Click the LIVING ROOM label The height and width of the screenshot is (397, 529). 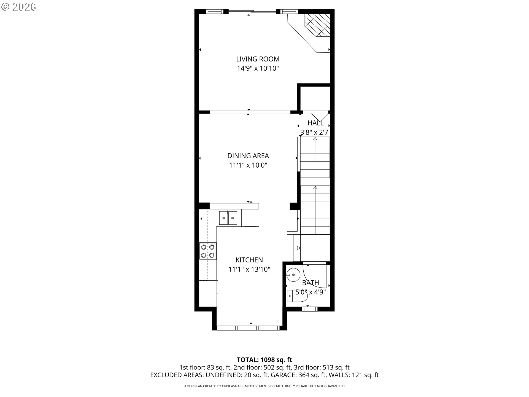(x=258, y=59)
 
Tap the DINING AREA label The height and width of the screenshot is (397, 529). (x=248, y=156)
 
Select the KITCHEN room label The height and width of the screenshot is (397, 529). (x=249, y=260)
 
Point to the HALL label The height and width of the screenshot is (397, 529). (x=315, y=123)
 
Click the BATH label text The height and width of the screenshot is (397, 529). (x=311, y=283)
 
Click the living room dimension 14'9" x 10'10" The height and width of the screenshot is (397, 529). (x=258, y=68)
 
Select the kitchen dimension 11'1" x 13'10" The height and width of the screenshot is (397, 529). (x=249, y=269)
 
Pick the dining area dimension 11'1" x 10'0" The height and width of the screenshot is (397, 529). (x=248, y=165)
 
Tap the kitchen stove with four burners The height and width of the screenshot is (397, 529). (x=208, y=251)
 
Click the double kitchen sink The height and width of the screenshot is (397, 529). (x=228, y=218)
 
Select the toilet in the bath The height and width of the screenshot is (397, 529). (x=297, y=296)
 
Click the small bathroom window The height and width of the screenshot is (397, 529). (x=310, y=309)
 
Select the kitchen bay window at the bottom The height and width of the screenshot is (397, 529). (x=248, y=328)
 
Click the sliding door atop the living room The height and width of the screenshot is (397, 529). (x=252, y=12)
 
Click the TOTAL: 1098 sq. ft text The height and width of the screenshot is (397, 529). (x=264, y=360)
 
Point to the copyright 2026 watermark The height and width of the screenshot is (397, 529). (x=18, y=7)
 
